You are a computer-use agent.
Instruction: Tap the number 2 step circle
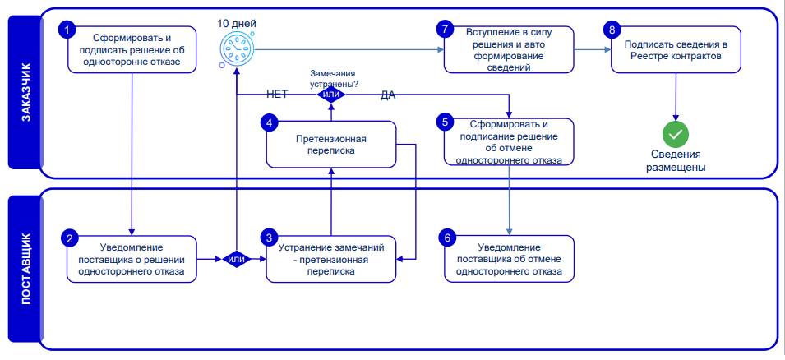click(x=70, y=238)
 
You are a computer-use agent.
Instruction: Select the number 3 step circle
click(x=270, y=237)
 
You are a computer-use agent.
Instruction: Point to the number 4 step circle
click(x=270, y=123)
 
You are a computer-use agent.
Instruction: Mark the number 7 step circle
click(x=444, y=30)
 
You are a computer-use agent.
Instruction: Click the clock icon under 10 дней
click(x=237, y=48)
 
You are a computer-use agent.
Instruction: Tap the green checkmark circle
click(x=676, y=134)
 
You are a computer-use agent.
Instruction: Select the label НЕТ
click(x=277, y=95)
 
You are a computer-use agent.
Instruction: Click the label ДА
click(x=388, y=95)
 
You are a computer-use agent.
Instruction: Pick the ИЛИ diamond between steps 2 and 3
click(x=236, y=259)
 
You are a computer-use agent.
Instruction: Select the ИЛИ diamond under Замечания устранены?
click(x=331, y=94)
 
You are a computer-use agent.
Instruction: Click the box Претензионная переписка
click(x=331, y=144)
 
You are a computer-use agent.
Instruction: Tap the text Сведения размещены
click(x=676, y=161)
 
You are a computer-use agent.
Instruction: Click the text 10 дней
click(x=237, y=23)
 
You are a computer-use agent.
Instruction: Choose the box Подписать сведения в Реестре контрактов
click(x=676, y=49)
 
